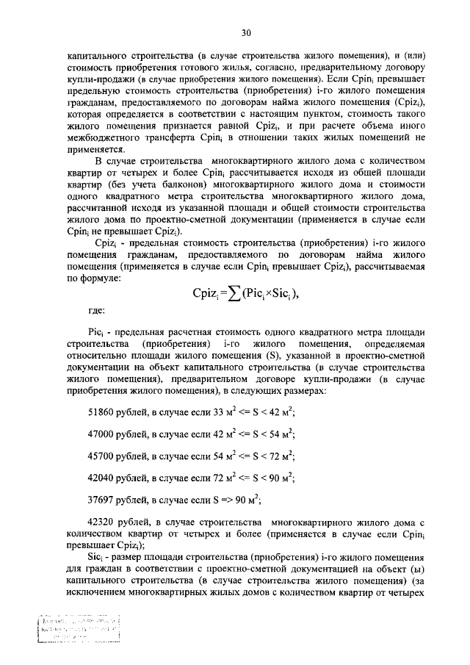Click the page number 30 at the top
click(x=246, y=32)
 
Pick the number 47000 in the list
click(x=102, y=434)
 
